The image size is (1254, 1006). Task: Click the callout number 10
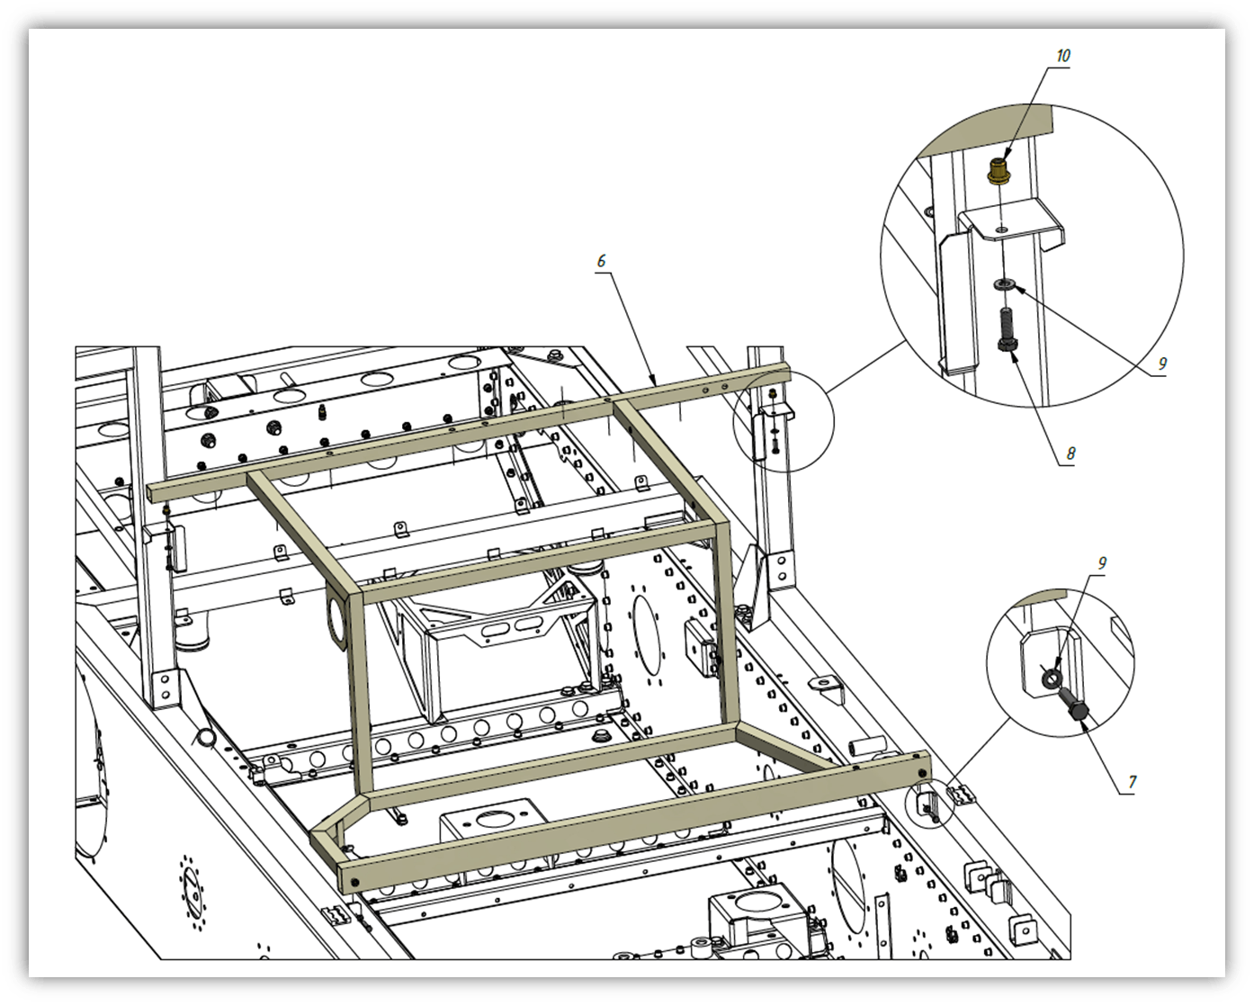pos(1063,56)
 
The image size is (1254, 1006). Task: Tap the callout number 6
pos(601,261)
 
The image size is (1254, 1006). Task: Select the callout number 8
pos(1070,453)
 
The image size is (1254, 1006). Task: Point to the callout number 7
pos(1133,782)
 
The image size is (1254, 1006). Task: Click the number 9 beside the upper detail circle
pos(1162,364)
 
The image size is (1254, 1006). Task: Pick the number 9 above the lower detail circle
pos(1102,563)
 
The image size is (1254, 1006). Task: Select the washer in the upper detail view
pos(1005,284)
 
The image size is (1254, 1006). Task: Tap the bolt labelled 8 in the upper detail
pos(1008,330)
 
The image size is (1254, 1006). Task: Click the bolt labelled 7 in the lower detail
pos(1074,704)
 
